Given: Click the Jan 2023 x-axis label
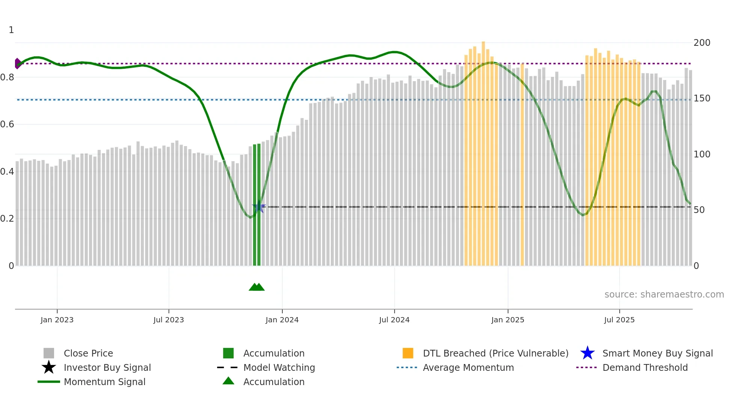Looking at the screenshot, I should click(57, 320).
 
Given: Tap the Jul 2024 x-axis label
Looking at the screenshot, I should click(394, 320).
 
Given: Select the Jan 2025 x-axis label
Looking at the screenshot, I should click(507, 320).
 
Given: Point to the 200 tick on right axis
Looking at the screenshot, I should click(701, 43).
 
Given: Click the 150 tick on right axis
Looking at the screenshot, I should click(701, 98).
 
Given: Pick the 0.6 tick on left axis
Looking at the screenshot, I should click(8, 124).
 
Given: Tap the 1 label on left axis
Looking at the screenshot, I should click(11, 30).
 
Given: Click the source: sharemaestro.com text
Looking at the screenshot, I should click(664, 295).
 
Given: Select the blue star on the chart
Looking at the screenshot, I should click(259, 207).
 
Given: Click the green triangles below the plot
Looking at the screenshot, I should click(257, 287).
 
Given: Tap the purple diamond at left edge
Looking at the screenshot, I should click(17, 63).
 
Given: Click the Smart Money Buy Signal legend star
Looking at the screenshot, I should click(587, 354).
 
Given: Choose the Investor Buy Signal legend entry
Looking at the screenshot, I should click(107, 368).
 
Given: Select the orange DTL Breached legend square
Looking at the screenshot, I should click(408, 354).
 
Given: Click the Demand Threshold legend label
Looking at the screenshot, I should click(645, 368).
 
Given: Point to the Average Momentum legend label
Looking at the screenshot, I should click(468, 368).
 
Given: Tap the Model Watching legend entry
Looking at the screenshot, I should click(279, 368).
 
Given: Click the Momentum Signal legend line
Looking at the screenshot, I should click(49, 382).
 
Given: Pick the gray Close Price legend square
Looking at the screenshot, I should click(49, 354).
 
